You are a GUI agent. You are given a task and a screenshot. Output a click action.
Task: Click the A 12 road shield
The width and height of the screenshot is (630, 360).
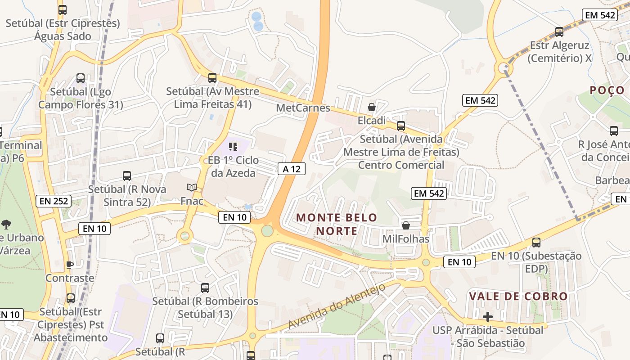[x=292, y=169]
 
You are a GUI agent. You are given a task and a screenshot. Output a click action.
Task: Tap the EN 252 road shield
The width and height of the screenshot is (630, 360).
[x=54, y=201]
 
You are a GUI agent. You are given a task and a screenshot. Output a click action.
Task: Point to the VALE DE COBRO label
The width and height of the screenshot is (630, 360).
[x=518, y=297]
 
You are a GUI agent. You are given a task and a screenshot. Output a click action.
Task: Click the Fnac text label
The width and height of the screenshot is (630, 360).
[x=192, y=201]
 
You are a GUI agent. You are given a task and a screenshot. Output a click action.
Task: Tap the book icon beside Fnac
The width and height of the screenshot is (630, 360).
[x=192, y=187]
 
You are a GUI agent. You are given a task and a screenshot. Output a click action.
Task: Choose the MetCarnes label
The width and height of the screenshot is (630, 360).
[x=303, y=108]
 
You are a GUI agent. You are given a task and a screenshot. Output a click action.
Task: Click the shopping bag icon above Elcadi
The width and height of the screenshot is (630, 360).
[x=372, y=107]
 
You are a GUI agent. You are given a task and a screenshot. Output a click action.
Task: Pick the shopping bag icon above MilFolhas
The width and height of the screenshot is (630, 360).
[x=406, y=225]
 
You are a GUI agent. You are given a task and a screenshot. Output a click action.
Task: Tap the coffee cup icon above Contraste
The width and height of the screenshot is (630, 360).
[x=70, y=264]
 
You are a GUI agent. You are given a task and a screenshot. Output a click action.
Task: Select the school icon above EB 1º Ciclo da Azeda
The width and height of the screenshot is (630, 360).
[x=233, y=146]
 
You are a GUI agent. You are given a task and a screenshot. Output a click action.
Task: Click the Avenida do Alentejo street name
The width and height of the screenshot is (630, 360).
[x=337, y=306]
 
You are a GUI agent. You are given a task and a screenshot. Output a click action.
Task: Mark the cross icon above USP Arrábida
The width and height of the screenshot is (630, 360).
[x=487, y=316]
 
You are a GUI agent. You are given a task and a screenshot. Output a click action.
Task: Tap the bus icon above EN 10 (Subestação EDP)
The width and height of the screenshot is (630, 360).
[x=536, y=243]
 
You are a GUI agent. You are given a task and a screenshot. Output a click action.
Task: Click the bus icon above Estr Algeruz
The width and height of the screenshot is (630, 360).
[x=559, y=31]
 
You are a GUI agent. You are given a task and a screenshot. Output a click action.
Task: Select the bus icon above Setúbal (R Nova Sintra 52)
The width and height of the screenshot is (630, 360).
[x=127, y=175]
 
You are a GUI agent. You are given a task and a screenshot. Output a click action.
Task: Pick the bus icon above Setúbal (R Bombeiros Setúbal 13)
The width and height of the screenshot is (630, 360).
[x=205, y=288]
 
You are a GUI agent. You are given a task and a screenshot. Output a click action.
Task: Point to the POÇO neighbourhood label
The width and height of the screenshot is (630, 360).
[x=607, y=90]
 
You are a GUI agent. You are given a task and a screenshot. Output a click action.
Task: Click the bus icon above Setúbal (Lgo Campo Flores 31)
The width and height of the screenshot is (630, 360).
[x=81, y=78]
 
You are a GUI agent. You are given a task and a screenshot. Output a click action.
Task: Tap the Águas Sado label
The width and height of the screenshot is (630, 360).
[x=63, y=36]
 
